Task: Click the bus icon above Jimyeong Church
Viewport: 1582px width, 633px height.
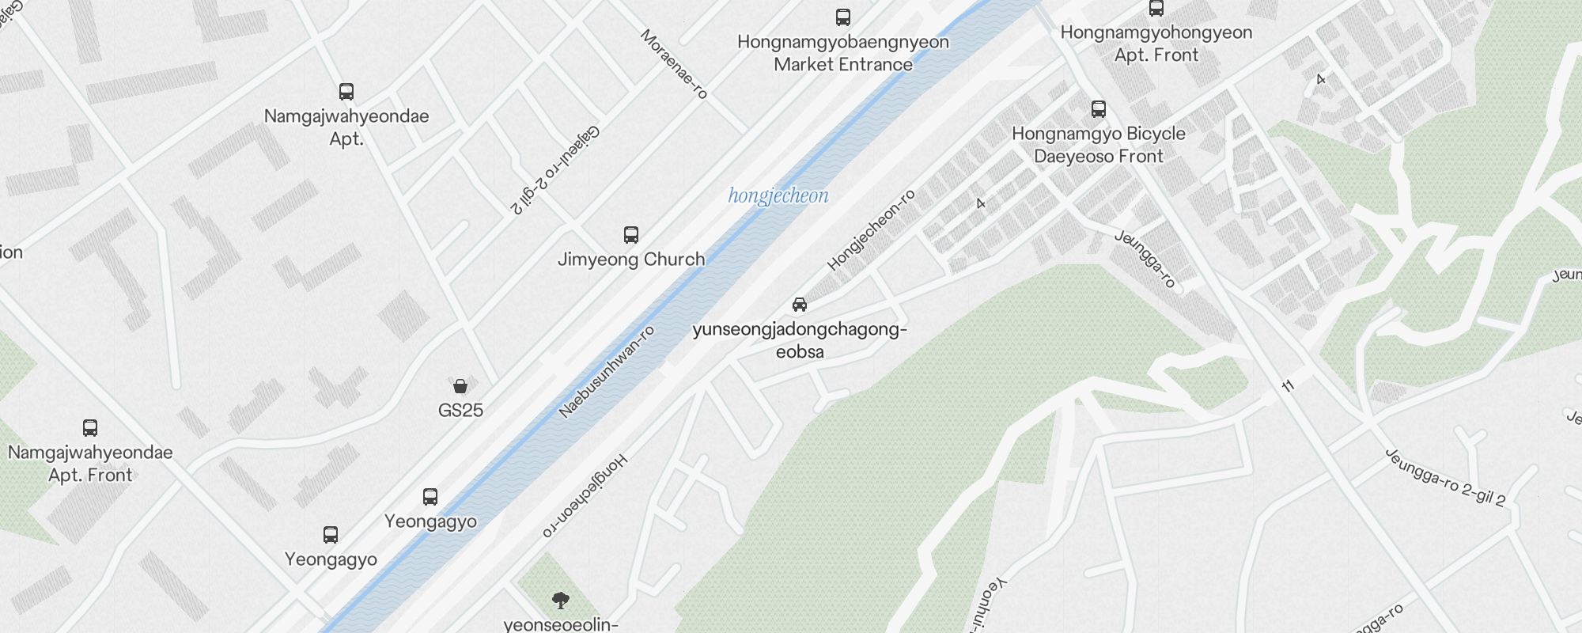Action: (x=630, y=235)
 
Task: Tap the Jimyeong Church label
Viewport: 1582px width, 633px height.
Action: (x=631, y=260)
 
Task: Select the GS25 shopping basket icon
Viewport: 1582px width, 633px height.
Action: (x=460, y=386)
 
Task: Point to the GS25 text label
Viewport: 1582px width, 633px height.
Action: (x=460, y=410)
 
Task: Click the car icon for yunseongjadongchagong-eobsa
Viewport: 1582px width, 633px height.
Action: (x=800, y=305)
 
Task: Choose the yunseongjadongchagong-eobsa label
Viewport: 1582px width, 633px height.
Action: (x=800, y=340)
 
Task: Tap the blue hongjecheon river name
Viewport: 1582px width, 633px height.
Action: (x=778, y=195)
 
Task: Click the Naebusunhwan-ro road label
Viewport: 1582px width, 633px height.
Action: (x=607, y=371)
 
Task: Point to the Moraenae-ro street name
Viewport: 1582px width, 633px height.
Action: (x=674, y=64)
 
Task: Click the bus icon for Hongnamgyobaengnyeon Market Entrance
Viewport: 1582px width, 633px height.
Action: (x=843, y=17)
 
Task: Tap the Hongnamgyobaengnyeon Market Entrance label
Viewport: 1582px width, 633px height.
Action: (x=843, y=53)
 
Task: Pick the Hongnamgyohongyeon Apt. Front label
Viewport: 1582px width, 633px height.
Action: (x=1156, y=44)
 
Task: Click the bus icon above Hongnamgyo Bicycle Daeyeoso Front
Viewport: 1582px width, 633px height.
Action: (x=1099, y=109)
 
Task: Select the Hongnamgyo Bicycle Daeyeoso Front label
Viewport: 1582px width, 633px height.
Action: (x=1099, y=145)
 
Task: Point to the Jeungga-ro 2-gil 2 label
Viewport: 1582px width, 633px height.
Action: (x=1445, y=477)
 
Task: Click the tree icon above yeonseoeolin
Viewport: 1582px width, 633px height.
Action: (x=561, y=601)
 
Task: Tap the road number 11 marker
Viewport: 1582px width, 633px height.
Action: (x=1289, y=386)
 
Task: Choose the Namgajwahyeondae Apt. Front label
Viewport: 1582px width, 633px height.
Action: (x=90, y=464)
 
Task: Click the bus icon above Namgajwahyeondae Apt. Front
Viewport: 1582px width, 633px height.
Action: (x=90, y=428)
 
